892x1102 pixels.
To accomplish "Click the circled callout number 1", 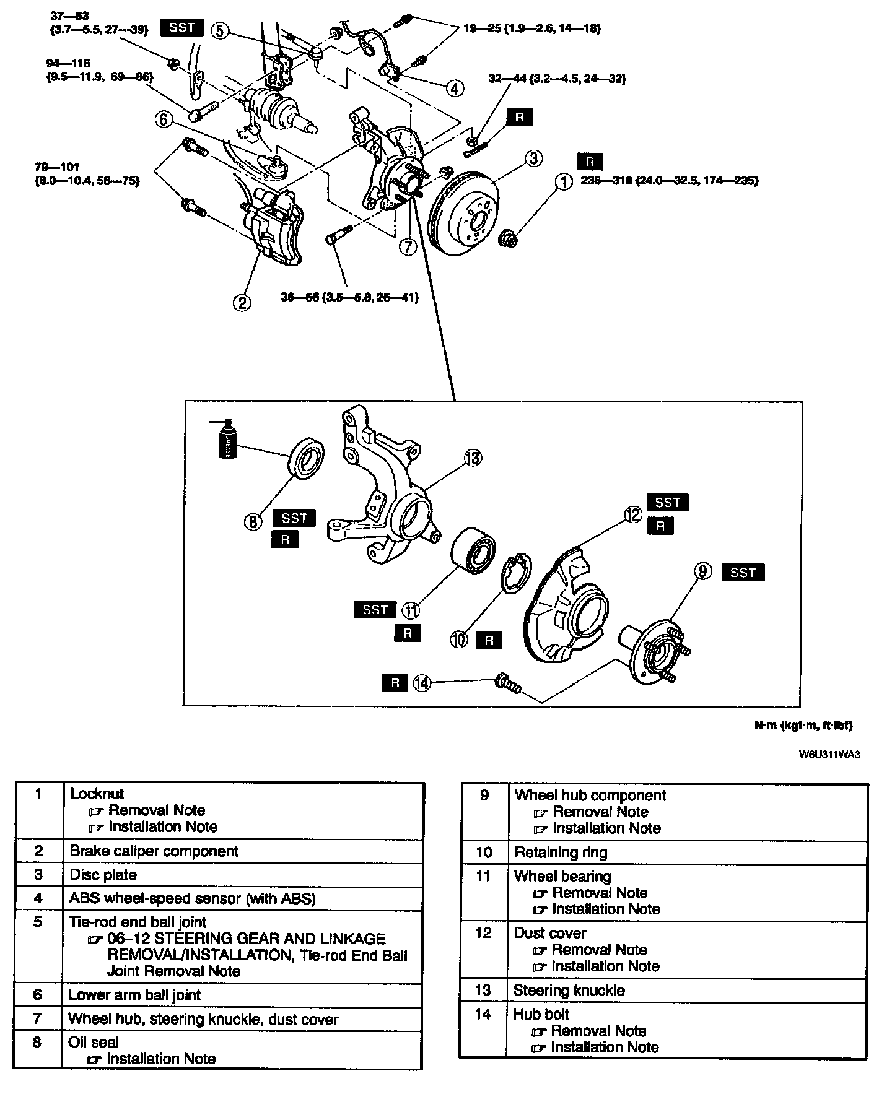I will coord(564,181).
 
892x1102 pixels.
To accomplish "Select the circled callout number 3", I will coord(535,158).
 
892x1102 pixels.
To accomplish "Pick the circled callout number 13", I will coord(473,458).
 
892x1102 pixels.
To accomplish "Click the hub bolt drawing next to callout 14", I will coord(508,684).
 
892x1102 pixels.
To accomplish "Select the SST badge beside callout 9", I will coord(743,572).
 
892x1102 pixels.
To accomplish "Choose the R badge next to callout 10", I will coord(489,640).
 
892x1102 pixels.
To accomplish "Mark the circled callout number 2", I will coord(242,302).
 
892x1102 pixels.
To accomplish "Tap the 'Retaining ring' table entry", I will coord(561,853).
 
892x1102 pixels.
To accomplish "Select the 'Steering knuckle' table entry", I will coord(569,990).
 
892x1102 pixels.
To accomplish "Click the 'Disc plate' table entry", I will coord(103,875).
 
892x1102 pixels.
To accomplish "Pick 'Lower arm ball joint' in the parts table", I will coord(134,995).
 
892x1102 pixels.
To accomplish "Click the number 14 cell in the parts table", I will coord(483,1014).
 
